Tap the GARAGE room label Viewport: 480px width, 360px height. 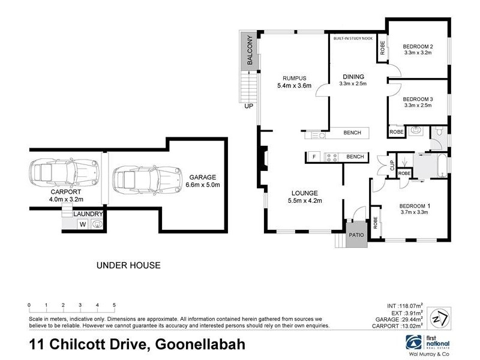pyautogui.click(x=202, y=178)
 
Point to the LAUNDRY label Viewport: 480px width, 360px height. pyautogui.click(x=88, y=214)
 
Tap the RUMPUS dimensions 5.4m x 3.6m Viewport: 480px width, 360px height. pyautogui.click(x=295, y=86)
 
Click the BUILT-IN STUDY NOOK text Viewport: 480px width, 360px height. pyautogui.click(x=353, y=38)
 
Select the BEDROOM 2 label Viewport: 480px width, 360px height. pyautogui.click(x=418, y=47)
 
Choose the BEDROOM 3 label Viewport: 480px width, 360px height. pyautogui.click(x=418, y=99)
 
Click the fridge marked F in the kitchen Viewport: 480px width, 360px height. pyautogui.click(x=314, y=157)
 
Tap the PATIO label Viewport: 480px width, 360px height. pyautogui.click(x=356, y=235)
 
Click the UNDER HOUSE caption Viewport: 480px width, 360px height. pyautogui.click(x=128, y=265)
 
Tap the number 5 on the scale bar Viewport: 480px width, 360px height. pyautogui.click(x=114, y=305)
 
